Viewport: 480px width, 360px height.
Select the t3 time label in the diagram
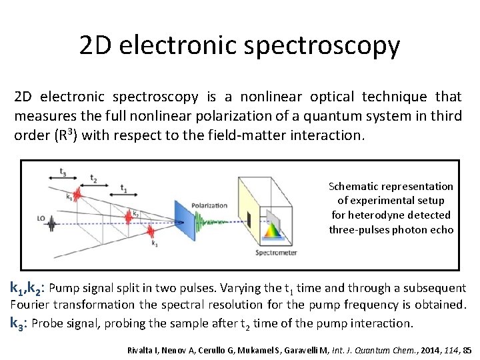(63, 171)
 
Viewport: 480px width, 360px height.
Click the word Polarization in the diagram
(209, 205)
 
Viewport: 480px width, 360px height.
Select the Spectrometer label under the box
(276, 253)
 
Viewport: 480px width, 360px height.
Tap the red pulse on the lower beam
(150, 233)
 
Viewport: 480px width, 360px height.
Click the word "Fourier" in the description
(32, 305)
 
